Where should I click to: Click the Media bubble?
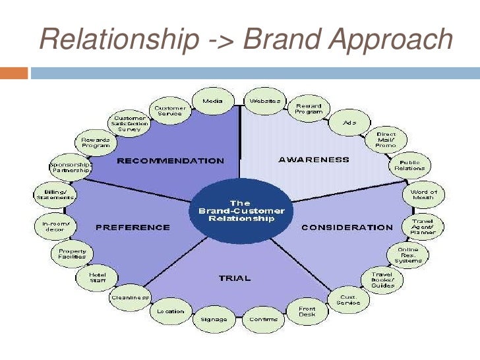212,102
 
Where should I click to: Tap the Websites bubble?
265,102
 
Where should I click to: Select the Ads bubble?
350,122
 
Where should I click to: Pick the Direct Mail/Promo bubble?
386,140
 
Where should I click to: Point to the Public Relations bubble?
410,165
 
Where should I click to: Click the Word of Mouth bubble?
424,195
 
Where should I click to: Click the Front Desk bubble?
307,311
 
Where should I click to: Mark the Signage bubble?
214,320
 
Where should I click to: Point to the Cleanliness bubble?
130,297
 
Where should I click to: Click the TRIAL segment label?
235,278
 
